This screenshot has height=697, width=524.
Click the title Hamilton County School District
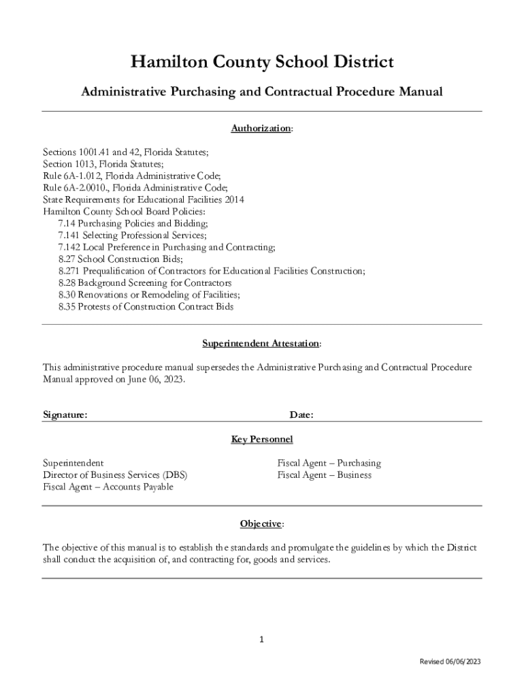pos(262,63)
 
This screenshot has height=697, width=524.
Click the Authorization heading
pos(261,128)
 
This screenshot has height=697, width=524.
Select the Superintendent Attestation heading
pos(261,343)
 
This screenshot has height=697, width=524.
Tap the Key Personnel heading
pos(261,439)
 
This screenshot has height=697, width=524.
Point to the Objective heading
pos(261,523)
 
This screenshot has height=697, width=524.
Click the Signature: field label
pos(65,415)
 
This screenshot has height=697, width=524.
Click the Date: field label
pos(301,415)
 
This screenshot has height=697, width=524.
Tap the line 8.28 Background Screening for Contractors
pos(145,282)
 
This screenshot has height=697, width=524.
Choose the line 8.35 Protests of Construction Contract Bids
pos(146,307)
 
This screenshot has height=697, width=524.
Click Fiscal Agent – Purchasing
pos(329,463)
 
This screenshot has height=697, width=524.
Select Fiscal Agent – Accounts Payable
pos(108,487)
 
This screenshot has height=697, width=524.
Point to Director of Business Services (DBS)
pos(115,474)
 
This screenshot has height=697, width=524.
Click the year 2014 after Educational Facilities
pos(233,199)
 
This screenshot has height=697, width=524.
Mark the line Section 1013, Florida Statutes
pos(103,163)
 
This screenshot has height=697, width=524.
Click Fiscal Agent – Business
pos(324,474)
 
